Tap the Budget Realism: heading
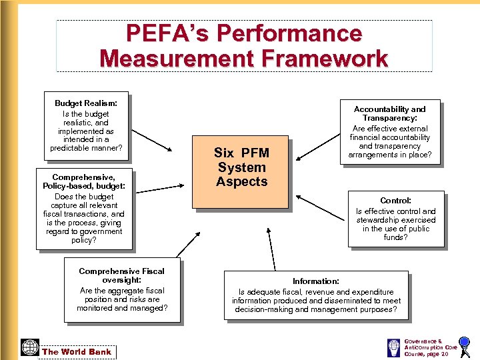tap(86, 103)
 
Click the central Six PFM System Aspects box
tap(241, 167)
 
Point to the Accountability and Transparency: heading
tap(389, 113)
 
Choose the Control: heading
tap(395, 200)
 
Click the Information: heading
tap(315, 281)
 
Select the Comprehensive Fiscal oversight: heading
tap(121, 275)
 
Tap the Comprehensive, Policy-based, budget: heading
tap(83, 182)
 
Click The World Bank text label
tap(77, 351)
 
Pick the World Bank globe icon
tap(30, 347)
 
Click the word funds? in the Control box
tap(395, 237)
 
